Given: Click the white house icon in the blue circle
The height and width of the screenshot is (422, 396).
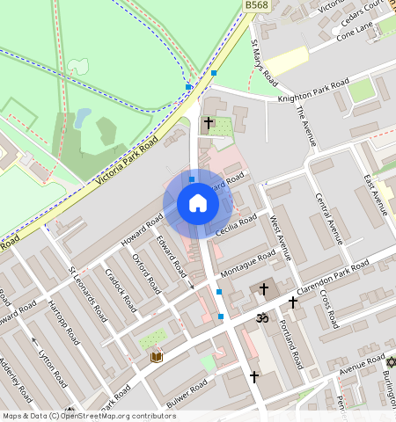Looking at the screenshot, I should tap(198, 204).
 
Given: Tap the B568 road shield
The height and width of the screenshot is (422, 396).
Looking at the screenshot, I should tap(256, 5).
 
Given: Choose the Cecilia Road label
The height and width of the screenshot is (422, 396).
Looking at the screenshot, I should tap(236, 225).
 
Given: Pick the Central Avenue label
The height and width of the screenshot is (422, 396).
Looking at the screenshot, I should tap(329, 216).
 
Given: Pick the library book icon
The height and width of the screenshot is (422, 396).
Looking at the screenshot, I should tap(157, 356).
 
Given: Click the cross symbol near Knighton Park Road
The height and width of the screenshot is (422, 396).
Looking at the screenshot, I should tap(209, 124).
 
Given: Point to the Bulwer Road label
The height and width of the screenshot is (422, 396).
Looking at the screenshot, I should tap(186, 394).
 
